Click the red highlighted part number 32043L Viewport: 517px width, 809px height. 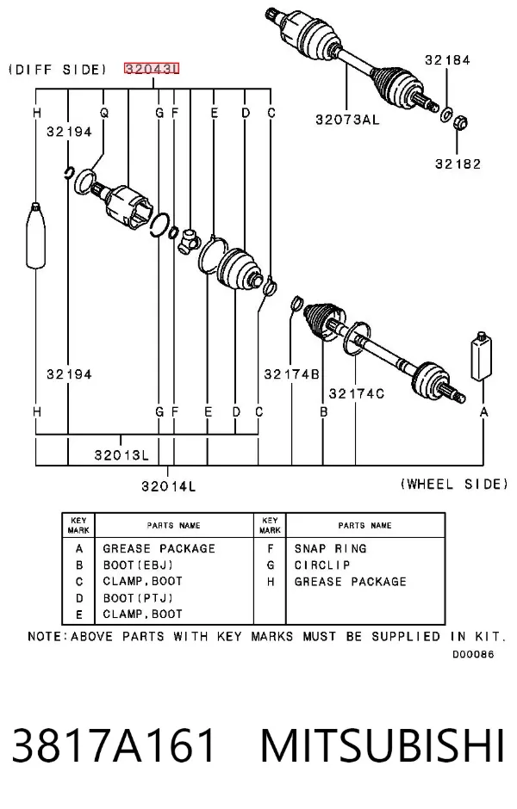coord(152,68)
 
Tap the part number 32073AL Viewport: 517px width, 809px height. coord(347,120)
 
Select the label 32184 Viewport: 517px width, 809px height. coord(447,60)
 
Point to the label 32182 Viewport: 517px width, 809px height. coord(458,164)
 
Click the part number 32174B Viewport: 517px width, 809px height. coord(291,374)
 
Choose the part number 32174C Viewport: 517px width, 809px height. coord(357,393)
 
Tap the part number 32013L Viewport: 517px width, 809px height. coord(121,454)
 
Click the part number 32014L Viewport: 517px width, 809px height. coord(168,485)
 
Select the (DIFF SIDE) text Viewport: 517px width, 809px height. coord(58,69)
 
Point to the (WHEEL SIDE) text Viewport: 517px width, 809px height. coord(454,484)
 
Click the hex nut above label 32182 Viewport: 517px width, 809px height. coord(461,123)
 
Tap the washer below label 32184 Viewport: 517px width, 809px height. coord(446,114)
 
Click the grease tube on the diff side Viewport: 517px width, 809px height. coord(35,235)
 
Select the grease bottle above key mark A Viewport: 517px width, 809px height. coord(481,356)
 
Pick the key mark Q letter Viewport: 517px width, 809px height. coord(104,113)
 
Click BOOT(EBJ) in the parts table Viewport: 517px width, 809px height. coord(138,565)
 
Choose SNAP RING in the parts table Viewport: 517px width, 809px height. coord(331,548)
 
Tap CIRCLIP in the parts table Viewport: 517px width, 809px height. coord(322,565)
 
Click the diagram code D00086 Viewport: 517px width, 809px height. coord(473,654)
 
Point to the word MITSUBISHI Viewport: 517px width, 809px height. coord(383,745)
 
